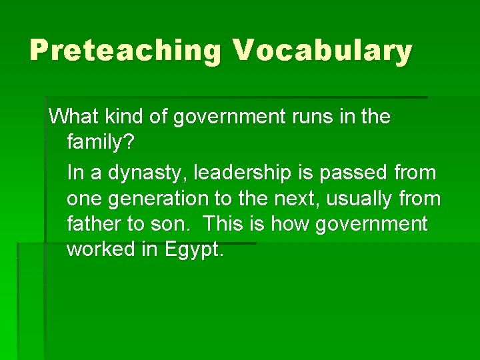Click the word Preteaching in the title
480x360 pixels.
124,51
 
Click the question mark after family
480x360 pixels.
130,143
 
